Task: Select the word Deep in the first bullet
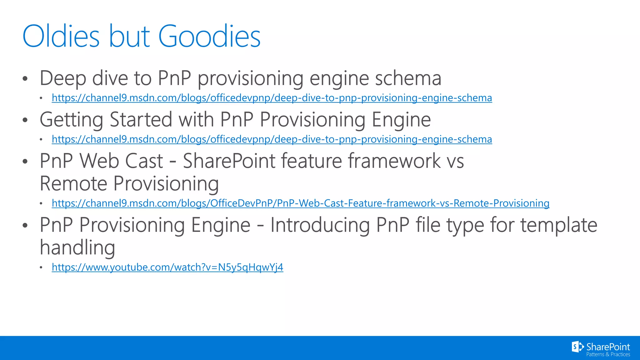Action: pyautogui.click(x=62, y=78)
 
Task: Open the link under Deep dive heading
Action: pyautogui.click(x=272, y=98)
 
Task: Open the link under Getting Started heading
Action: pyautogui.click(x=272, y=139)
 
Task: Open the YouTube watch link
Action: pyautogui.click(x=167, y=267)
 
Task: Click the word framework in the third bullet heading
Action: pyautogui.click(x=394, y=161)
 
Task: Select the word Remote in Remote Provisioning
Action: pyautogui.click(x=74, y=183)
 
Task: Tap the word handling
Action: pyautogui.click(x=77, y=247)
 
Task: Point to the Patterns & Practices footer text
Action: pyautogui.click(x=608, y=354)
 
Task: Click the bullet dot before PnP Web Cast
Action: pyautogui.click(x=25, y=161)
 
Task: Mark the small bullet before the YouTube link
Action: pyautogui.click(x=41, y=267)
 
